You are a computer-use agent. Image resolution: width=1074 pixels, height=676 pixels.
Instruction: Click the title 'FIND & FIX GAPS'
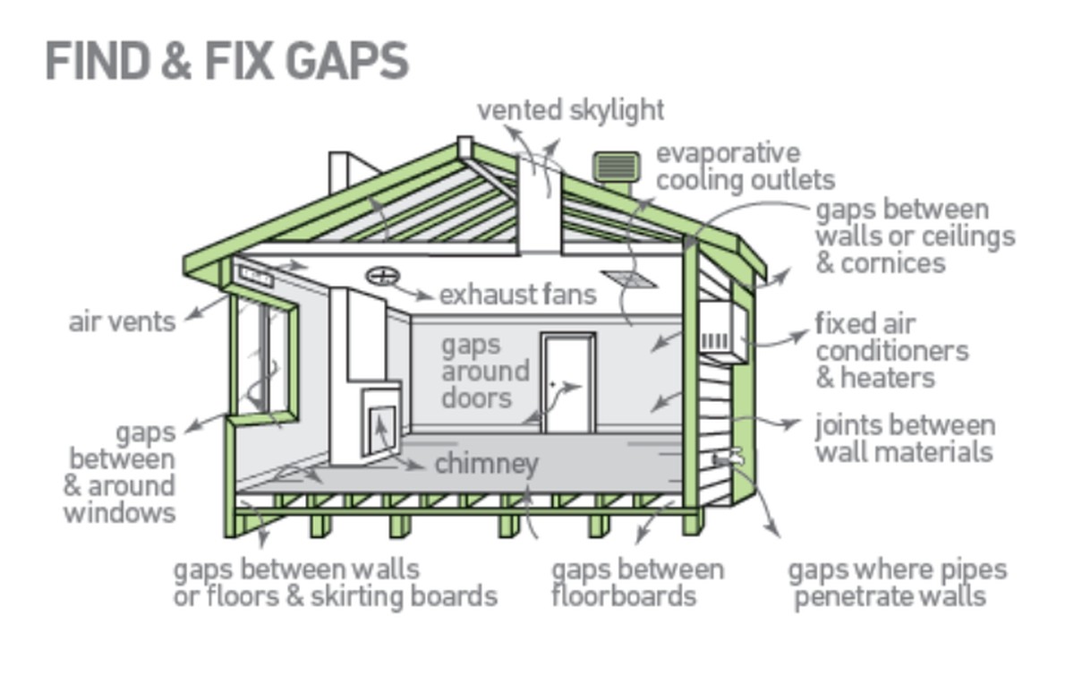click(x=226, y=61)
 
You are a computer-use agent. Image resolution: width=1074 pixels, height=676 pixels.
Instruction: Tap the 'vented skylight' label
click(x=570, y=110)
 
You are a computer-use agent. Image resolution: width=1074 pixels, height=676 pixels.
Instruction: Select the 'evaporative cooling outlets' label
click(x=745, y=166)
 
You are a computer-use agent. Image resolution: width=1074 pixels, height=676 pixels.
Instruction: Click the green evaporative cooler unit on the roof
click(x=616, y=167)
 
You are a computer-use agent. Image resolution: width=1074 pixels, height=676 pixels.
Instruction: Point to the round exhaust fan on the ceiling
click(x=382, y=276)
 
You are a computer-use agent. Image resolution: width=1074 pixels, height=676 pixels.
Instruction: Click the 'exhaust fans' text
click(x=517, y=294)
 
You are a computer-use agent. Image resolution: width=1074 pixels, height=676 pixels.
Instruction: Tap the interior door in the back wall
click(x=568, y=383)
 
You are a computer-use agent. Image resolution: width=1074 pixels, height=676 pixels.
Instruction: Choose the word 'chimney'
click(x=486, y=463)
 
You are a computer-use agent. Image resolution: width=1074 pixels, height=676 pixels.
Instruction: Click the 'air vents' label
click(x=122, y=321)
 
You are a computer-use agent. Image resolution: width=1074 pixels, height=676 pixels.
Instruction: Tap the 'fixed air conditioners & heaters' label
click(x=891, y=350)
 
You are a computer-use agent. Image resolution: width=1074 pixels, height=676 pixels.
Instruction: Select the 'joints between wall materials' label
click(x=904, y=437)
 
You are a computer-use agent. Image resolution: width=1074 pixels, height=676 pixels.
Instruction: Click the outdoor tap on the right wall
click(x=728, y=458)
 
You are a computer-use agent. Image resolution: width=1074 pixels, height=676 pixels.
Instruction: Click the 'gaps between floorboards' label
click(x=636, y=582)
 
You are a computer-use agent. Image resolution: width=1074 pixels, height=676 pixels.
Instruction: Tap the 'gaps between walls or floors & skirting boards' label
click(x=335, y=582)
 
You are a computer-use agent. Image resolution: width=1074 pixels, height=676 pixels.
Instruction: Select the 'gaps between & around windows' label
click(x=120, y=472)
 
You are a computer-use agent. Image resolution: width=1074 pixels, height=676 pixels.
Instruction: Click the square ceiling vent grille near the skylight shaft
click(x=629, y=279)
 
